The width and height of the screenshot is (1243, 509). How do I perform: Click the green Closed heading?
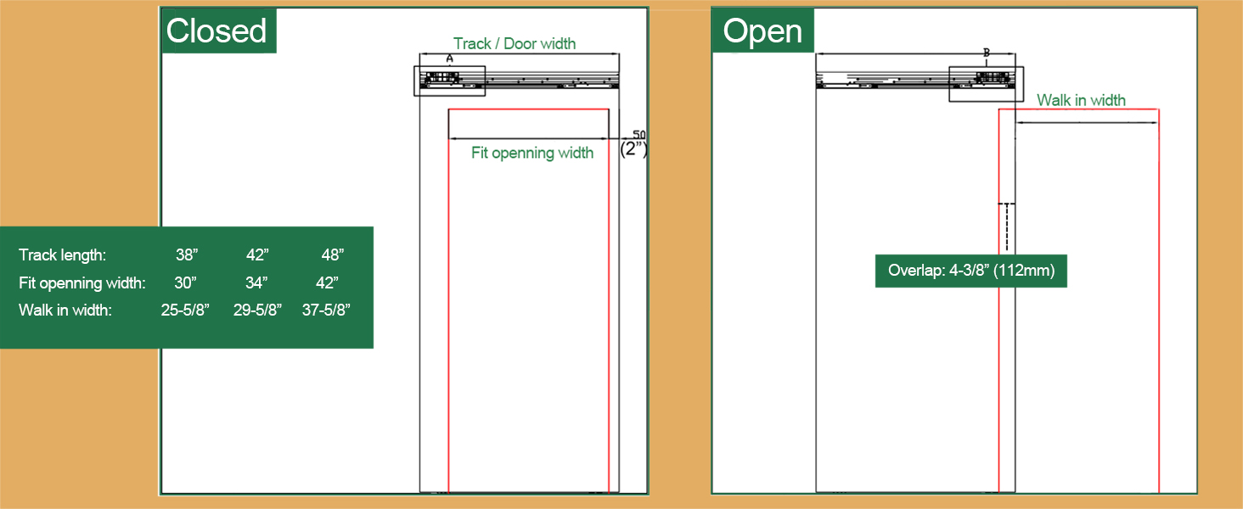[x=217, y=31]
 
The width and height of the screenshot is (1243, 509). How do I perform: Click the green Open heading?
[x=762, y=31]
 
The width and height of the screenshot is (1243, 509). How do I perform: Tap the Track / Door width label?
[x=515, y=43]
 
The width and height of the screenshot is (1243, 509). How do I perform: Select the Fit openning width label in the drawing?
[x=532, y=154]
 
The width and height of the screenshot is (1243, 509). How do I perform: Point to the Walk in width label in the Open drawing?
[x=1081, y=100]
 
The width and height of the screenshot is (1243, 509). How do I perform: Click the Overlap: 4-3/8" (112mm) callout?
[x=970, y=271]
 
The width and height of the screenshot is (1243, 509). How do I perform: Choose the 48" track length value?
[x=333, y=255]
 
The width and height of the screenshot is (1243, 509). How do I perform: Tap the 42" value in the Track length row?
[x=256, y=255]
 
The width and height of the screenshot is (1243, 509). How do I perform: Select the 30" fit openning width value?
[x=185, y=282]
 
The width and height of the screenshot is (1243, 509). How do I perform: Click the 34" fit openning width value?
[x=256, y=282]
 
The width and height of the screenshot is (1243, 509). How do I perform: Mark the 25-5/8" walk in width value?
[x=185, y=310]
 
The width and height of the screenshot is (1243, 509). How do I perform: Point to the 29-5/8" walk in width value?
[x=258, y=310]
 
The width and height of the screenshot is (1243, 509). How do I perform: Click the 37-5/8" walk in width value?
[x=327, y=310]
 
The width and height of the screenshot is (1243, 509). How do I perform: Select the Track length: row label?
[x=62, y=255]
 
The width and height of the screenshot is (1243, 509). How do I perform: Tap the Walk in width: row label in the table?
[x=65, y=310]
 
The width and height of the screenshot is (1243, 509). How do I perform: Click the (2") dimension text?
[x=633, y=150]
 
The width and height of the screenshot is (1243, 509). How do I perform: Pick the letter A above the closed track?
[x=449, y=59]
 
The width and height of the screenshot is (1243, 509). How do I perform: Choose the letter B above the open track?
[x=986, y=53]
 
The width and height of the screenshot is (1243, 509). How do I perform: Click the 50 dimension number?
[x=639, y=135]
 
